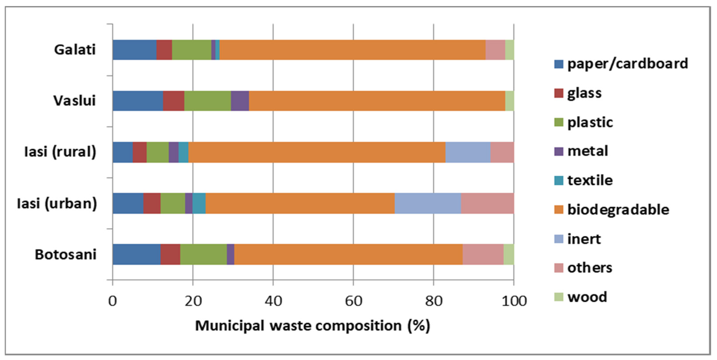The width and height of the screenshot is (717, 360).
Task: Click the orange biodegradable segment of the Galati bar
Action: click(352, 50)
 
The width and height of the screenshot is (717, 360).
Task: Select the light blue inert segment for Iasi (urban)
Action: click(428, 203)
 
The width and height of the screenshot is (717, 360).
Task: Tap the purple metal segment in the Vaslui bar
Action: click(240, 101)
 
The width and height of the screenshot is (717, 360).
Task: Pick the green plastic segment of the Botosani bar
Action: click(204, 254)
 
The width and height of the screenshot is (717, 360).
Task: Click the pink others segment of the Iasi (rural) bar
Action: click(502, 152)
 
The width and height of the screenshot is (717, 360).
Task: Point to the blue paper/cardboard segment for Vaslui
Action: click(138, 101)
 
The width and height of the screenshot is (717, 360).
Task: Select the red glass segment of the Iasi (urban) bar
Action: click(152, 203)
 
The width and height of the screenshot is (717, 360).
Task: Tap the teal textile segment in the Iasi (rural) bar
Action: click(183, 152)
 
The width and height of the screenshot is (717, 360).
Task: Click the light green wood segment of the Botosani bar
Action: click(509, 254)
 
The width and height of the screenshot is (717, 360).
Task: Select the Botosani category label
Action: click(66, 254)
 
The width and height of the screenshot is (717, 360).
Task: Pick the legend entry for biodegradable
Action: click(618, 210)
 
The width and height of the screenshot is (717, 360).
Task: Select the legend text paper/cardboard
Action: click(628, 64)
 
